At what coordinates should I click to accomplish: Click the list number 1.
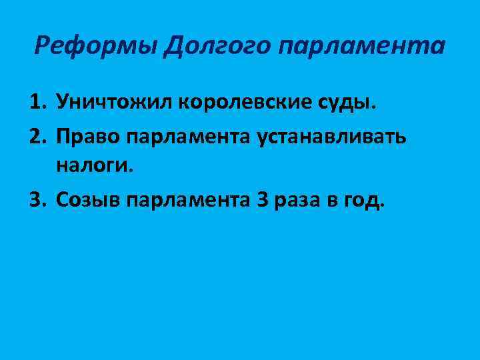tap(37, 103)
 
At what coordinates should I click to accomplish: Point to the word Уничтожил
tap(113, 103)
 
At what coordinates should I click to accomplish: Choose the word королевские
tap(241, 103)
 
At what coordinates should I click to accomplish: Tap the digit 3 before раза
tap(261, 199)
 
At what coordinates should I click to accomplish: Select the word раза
tap(297, 199)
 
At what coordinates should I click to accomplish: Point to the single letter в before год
tap(331, 199)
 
